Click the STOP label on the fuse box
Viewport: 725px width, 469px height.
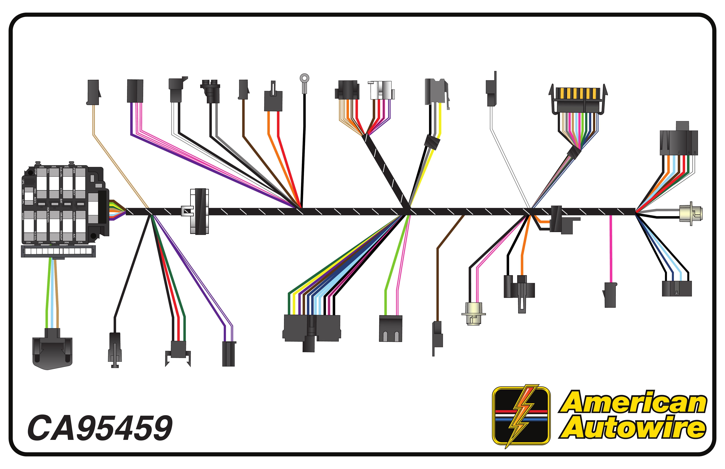(x=35, y=171)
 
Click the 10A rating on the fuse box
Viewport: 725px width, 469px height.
(x=53, y=242)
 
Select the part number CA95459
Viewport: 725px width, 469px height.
(x=100, y=428)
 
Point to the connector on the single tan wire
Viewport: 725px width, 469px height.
(x=93, y=92)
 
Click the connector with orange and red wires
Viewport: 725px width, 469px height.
(x=273, y=99)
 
